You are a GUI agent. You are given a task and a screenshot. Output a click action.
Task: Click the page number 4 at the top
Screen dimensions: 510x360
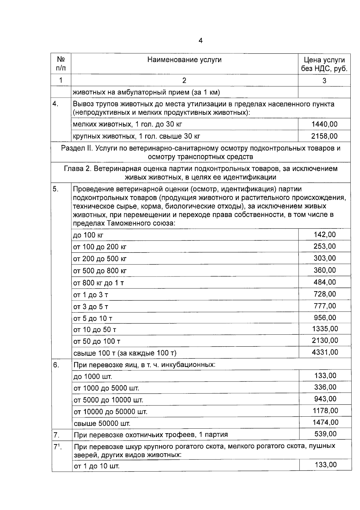(x=200, y=41)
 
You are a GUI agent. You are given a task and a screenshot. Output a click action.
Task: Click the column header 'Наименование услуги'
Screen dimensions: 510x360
(x=184, y=60)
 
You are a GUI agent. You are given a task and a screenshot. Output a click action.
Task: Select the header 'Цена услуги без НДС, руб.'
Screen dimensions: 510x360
(x=324, y=64)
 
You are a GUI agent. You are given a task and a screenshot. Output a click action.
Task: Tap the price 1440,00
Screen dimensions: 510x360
(x=324, y=124)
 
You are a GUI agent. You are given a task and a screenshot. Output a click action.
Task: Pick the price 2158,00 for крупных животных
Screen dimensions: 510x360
(x=324, y=136)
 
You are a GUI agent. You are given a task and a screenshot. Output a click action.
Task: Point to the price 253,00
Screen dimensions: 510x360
(x=325, y=246)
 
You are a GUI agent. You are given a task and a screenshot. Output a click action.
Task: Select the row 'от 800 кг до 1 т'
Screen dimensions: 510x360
(x=99, y=283)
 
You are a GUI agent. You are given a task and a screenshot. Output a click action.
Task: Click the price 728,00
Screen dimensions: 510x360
(x=325, y=294)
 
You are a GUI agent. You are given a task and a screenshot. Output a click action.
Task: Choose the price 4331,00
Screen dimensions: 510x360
(x=325, y=352)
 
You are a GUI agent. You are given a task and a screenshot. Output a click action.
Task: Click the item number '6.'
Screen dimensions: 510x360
(x=56, y=365)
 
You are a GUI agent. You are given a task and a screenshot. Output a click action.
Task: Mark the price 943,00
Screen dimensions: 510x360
(x=325, y=399)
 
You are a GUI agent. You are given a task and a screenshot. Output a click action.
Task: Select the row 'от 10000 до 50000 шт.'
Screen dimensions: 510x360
(x=110, y=412)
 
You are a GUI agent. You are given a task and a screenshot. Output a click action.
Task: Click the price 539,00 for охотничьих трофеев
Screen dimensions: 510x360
(x=325, y=434)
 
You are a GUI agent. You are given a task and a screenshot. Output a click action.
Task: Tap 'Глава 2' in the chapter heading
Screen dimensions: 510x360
(x=77, y=169)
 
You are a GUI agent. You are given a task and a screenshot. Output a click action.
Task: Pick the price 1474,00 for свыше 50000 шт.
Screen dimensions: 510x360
(x=325, y=423)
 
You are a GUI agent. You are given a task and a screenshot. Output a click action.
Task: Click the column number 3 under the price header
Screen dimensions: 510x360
(x=324, y=80)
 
